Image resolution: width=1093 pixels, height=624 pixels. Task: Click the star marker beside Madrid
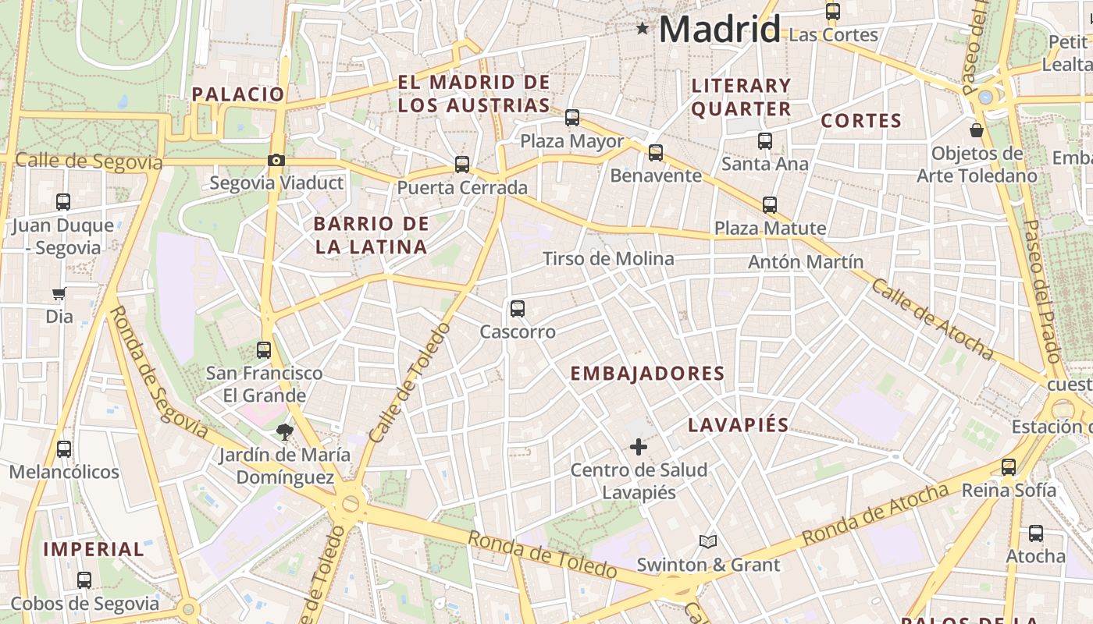643,29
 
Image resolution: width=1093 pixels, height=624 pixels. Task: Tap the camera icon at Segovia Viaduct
276,161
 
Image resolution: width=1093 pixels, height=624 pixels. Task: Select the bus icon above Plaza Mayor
572,118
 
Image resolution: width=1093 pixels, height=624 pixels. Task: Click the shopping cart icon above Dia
59,294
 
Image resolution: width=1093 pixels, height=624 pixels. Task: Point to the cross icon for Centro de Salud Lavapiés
639,447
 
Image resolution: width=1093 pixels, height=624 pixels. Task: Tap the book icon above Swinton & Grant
708,541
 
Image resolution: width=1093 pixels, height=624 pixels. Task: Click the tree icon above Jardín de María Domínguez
285,431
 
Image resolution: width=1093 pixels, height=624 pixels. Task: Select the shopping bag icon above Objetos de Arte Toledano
977,129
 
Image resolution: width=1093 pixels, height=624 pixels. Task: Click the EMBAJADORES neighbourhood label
647,374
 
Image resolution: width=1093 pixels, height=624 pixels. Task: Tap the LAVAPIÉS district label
738,425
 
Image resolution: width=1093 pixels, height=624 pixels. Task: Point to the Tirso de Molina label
608,259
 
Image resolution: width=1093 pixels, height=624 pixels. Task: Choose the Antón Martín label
806,262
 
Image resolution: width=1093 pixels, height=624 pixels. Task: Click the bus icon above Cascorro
518,308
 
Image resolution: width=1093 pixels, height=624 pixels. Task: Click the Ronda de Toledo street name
542,554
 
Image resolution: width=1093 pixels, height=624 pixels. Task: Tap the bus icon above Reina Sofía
1009,467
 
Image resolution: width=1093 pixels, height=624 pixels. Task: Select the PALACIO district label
238,94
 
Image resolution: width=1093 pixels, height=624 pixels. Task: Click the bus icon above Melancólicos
64,449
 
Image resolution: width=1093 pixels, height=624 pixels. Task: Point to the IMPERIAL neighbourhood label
94,549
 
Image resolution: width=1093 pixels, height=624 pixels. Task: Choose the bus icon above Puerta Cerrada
462,165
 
